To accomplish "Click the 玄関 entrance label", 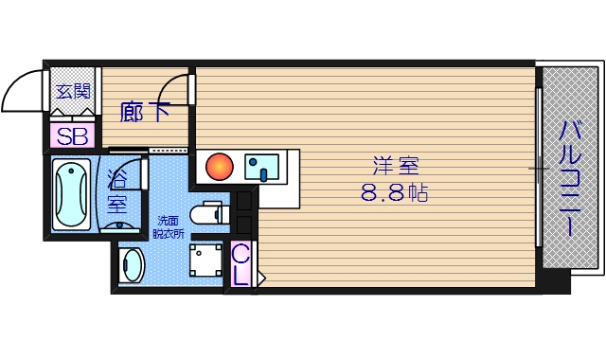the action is [x=73, y=91].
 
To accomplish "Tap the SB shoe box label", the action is [x=72, y=136].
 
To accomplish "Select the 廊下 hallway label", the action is [x=144, y=112].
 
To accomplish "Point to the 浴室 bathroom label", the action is [x=116, y=191].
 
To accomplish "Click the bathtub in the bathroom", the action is [x=72, y=194].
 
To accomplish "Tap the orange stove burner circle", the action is [x=219, y=167].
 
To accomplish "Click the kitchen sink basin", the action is [x=261, y=167].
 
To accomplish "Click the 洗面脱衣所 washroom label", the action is [x=169, y=227].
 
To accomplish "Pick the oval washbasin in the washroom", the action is [x=132, y=265].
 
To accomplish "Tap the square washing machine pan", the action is [x=205, y=261].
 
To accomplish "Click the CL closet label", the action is [x=240, y=266].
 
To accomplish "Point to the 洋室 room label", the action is [x=396, y=166].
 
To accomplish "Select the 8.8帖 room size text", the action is [x=394, y=192].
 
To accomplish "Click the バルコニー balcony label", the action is [x=570, y=178].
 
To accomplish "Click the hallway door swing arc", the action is [x=167, y=82].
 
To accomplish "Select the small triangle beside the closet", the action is [x=261, y=278].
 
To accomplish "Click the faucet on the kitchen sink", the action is [x=263, y=174].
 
